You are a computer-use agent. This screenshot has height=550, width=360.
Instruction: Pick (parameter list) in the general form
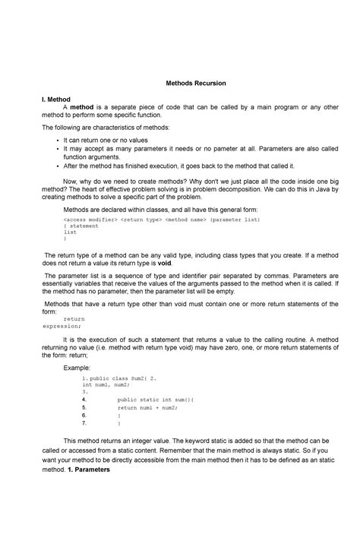coord(235,219)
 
